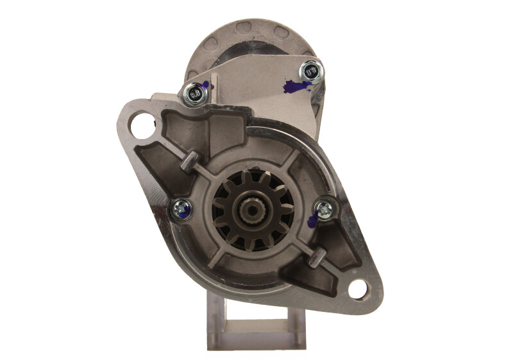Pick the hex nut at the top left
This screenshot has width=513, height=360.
(x=195, y=95)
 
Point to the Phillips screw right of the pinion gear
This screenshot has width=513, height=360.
(x=324, y=207)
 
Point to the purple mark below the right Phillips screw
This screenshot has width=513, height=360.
(x=313, y=221)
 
